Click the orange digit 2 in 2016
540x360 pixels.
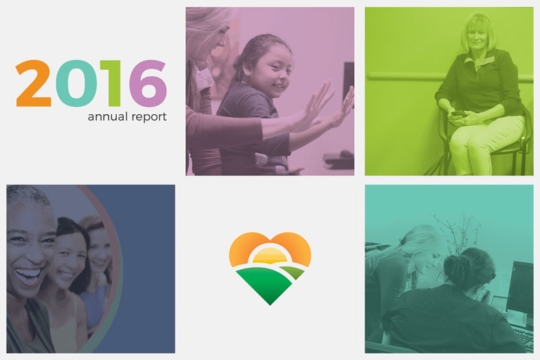(x=33, y=83)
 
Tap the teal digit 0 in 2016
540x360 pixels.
(x=76, y=83)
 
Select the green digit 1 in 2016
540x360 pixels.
(x=111, y=83)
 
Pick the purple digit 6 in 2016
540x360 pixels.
(x=148, y=83)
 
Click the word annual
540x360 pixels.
(x=108, y=117)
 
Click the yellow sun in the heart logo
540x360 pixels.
(x=270, y=256)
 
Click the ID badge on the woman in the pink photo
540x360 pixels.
(x=203, y=78)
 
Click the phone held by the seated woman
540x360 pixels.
(x=458, y=113)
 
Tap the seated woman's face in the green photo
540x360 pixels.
(x=477, y=37)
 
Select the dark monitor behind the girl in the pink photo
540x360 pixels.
(x=349, y=82)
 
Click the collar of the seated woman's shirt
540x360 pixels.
(x=479, y=60)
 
